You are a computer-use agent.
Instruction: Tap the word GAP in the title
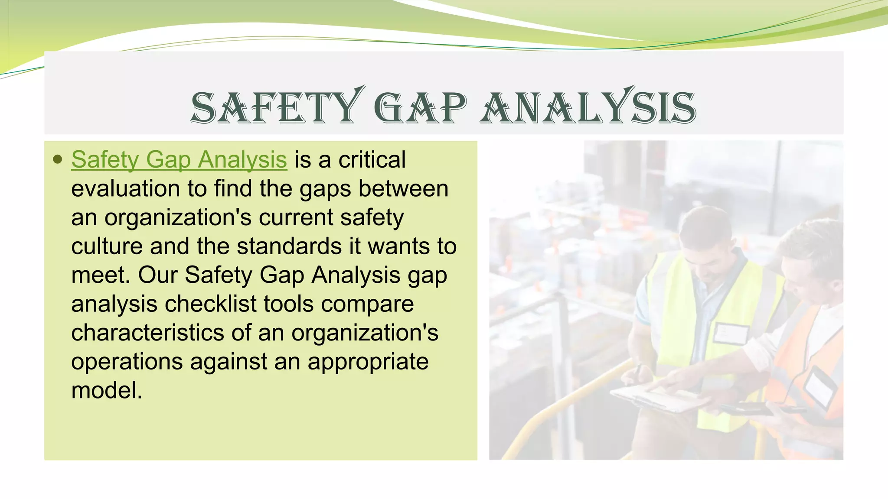coord(420,107)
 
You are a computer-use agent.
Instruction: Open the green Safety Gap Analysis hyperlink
coord(179,159)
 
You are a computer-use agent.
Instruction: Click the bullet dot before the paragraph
coord(57,159)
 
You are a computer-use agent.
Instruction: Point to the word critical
coord(372,159)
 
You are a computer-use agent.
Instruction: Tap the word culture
coord(107,246)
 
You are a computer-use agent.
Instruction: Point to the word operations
coord(127,361)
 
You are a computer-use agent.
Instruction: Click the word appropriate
coord(368,361)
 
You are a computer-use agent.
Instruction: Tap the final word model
coord(107,390)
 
